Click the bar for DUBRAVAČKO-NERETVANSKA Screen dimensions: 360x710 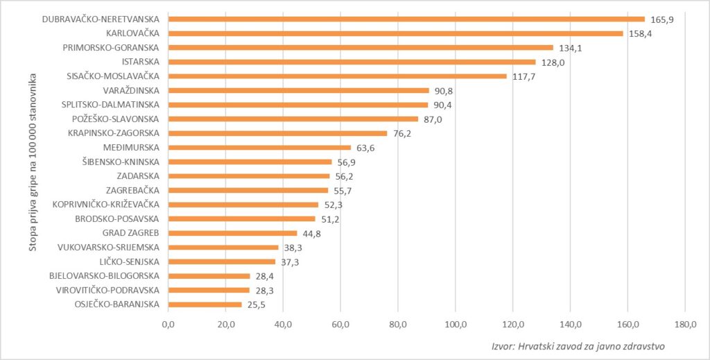[x=406, y=19]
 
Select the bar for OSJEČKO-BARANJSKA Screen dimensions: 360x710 [x=205, y=305]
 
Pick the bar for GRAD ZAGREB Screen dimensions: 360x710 [x=233, y=233]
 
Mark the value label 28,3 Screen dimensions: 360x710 [x=264, y=290]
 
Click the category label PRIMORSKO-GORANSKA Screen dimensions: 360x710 [x=111, y=48]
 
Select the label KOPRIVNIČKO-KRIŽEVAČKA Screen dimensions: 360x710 [x=106, y=205]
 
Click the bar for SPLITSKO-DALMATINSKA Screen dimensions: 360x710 [x=298, y=105]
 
